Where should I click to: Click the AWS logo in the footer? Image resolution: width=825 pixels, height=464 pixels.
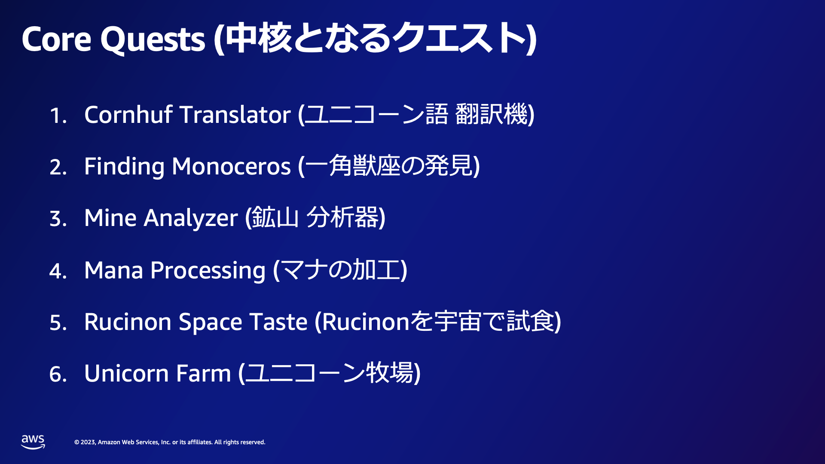pyautogui.click(x=33, y=442)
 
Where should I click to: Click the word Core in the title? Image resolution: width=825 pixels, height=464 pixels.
pyautogui.click(x=56, y=40)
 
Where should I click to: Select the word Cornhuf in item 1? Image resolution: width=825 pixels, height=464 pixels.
pyautogui.click(x=128, y=115)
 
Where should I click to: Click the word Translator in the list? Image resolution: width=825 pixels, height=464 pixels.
pyautogui.click(x=235, y=115)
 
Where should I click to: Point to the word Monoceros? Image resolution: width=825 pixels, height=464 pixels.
pyautogui.click(x=231, y=167)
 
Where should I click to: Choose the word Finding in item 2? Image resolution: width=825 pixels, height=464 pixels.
pyautogui.click(x=124, y=167)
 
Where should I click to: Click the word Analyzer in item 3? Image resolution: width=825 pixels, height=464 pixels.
pyautogui.click(x=190, y=218)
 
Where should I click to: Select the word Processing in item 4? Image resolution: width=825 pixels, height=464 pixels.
pyautogui.click(x=208, y=271)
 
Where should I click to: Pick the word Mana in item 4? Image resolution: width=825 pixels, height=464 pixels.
pyautogui.click(x=113, y=270)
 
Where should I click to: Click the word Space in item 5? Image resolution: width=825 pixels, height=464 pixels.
pyautogui.click(x=211, y=323)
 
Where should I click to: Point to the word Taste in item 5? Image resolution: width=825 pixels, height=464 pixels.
pyautogui.click(x=278, y=322)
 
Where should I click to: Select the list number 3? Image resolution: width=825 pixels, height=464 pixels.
pyautogui.click(x=58, y=219)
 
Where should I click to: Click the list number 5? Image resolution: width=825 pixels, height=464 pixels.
pyautogui.click(x=58, y=323)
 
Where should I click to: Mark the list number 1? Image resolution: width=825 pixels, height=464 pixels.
pyautogui.click(x=58, y=116)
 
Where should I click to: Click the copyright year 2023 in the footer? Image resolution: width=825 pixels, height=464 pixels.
pyautogui.click(x=88, y=442)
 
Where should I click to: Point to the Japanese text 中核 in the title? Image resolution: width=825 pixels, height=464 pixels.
pyautogui.click(x=258, y=39)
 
